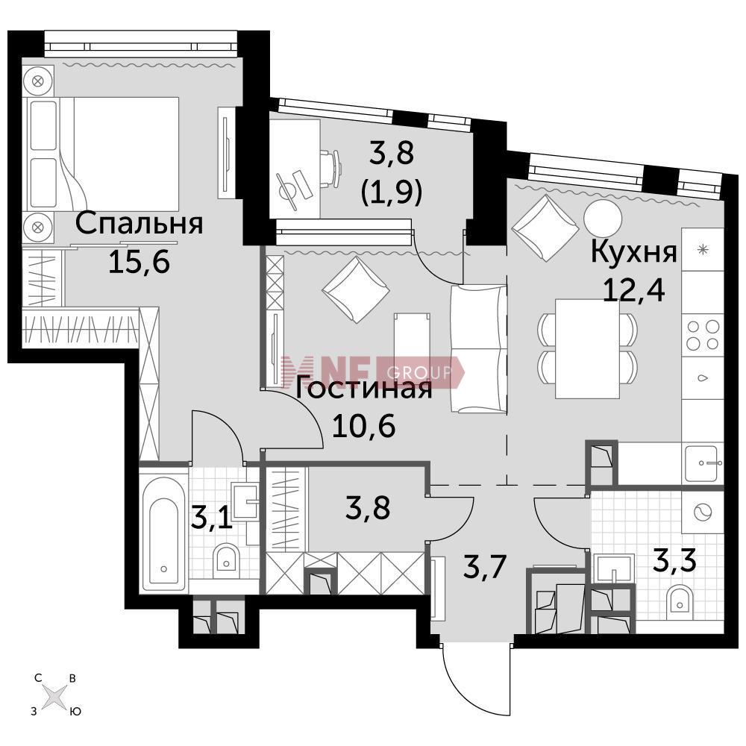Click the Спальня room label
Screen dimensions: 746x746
(140, 224)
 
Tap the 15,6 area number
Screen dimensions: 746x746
(139, 262)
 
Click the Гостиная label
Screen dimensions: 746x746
(364, 389)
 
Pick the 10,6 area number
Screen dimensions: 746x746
(364, 426)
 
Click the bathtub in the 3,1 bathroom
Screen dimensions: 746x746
(163, 530)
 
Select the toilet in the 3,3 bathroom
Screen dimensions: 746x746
(680, 603)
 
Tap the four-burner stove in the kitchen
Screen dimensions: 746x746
(702, 335)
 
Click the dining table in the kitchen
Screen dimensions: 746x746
(588, 348)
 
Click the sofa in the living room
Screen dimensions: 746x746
(477, 348)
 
